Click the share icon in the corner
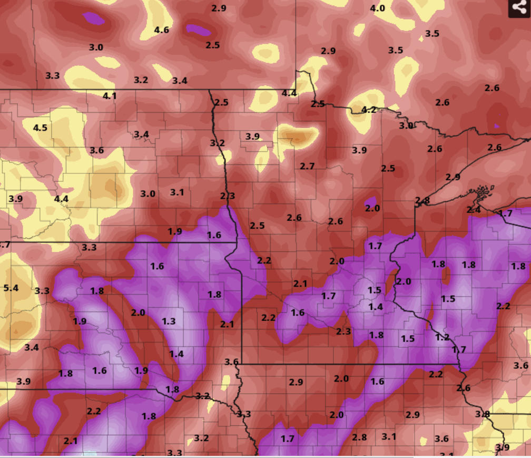519,8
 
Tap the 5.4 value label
11,288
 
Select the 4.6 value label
161,30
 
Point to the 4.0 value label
377,8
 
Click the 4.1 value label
110,95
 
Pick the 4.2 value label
369,110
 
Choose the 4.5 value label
40,128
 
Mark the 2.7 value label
307,166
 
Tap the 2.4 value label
474,209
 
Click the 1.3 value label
169,321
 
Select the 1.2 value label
442,337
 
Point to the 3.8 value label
483,414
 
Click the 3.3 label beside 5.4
42,291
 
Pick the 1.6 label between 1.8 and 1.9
100,371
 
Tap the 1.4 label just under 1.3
176,354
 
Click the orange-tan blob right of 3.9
298,135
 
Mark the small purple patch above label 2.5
198,28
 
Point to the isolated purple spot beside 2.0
371,202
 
